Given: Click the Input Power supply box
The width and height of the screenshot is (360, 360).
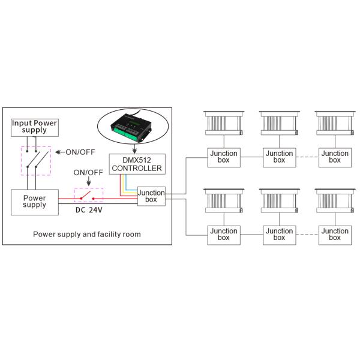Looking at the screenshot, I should click(x=34, y=126).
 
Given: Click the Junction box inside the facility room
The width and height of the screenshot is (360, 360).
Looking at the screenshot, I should click(x=151, y=196).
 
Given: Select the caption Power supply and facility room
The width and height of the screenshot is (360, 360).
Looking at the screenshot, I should click(x=87, y=234).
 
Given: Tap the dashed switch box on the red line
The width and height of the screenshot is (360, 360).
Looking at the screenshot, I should click(x=88, y=195).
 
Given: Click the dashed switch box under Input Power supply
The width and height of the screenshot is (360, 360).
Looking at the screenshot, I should click(x=35, y=161).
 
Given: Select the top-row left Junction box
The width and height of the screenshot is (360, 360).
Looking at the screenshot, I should click(x=223, y=157).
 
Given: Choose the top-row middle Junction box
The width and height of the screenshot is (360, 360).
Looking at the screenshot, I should click(x=279, y=157).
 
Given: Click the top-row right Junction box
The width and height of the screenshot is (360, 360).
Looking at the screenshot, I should click(x=334, y=157).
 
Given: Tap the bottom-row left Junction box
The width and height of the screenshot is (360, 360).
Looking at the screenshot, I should click(x=223, y=234).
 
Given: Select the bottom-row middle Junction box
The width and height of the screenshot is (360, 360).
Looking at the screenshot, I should click(x=279, y=234).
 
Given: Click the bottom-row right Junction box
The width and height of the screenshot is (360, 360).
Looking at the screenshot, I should click(x=334, y=234).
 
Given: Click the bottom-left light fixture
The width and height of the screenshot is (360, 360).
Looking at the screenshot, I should click(x=223, y=201).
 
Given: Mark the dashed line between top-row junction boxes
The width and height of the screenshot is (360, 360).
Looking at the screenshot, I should click(x=307, y=157).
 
